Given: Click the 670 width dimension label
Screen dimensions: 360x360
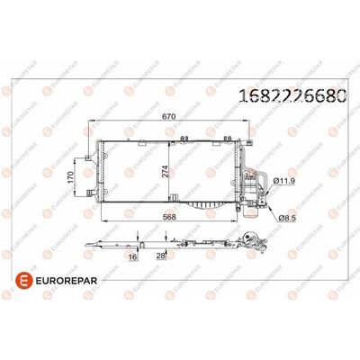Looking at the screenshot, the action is click(x=168, y=117).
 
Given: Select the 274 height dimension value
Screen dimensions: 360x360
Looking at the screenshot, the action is click(x=165, y=171).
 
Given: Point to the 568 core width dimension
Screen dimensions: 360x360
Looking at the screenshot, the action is click(x=168, y=217).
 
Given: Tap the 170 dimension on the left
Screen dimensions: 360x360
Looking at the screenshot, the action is click(x=70, y=177).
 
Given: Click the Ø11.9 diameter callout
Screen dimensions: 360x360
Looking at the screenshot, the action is click(x=284, y=181).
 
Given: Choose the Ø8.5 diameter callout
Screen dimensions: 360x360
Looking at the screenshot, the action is click(x=287, y=219).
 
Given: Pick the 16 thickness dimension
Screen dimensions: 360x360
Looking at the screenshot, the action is click(x=133, y=256).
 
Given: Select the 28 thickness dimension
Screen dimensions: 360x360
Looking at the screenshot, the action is click(x=161, y=256).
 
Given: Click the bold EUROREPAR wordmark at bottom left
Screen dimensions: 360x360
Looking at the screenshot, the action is click(x=67, y=281).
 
